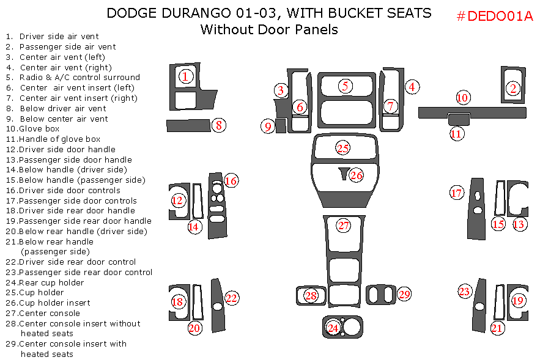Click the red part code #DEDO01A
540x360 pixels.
pos(495,16)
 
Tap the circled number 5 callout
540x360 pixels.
pos(346,86)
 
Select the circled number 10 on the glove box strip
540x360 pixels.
pos(462,97)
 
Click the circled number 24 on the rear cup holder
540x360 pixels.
pos(333,328)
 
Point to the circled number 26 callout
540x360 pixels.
pos(356,175)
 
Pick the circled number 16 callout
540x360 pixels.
pos(231,181)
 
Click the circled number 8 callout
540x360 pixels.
pos(219,126)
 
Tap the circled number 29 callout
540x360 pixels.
pos(404,294)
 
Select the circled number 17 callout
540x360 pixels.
pos(457,193)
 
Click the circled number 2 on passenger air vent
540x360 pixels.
pos(513,88)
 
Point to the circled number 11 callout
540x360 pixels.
pos(457,134)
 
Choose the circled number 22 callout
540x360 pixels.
pos(231,298)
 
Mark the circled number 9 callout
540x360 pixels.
pos(268,127)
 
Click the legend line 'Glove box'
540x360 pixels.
pos(39,129)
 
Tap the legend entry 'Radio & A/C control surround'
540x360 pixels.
pos(80,78)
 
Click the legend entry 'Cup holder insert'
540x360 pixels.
pos(54,303)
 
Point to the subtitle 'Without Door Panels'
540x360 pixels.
pos(269,29)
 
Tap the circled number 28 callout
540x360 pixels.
pos(311,296)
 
